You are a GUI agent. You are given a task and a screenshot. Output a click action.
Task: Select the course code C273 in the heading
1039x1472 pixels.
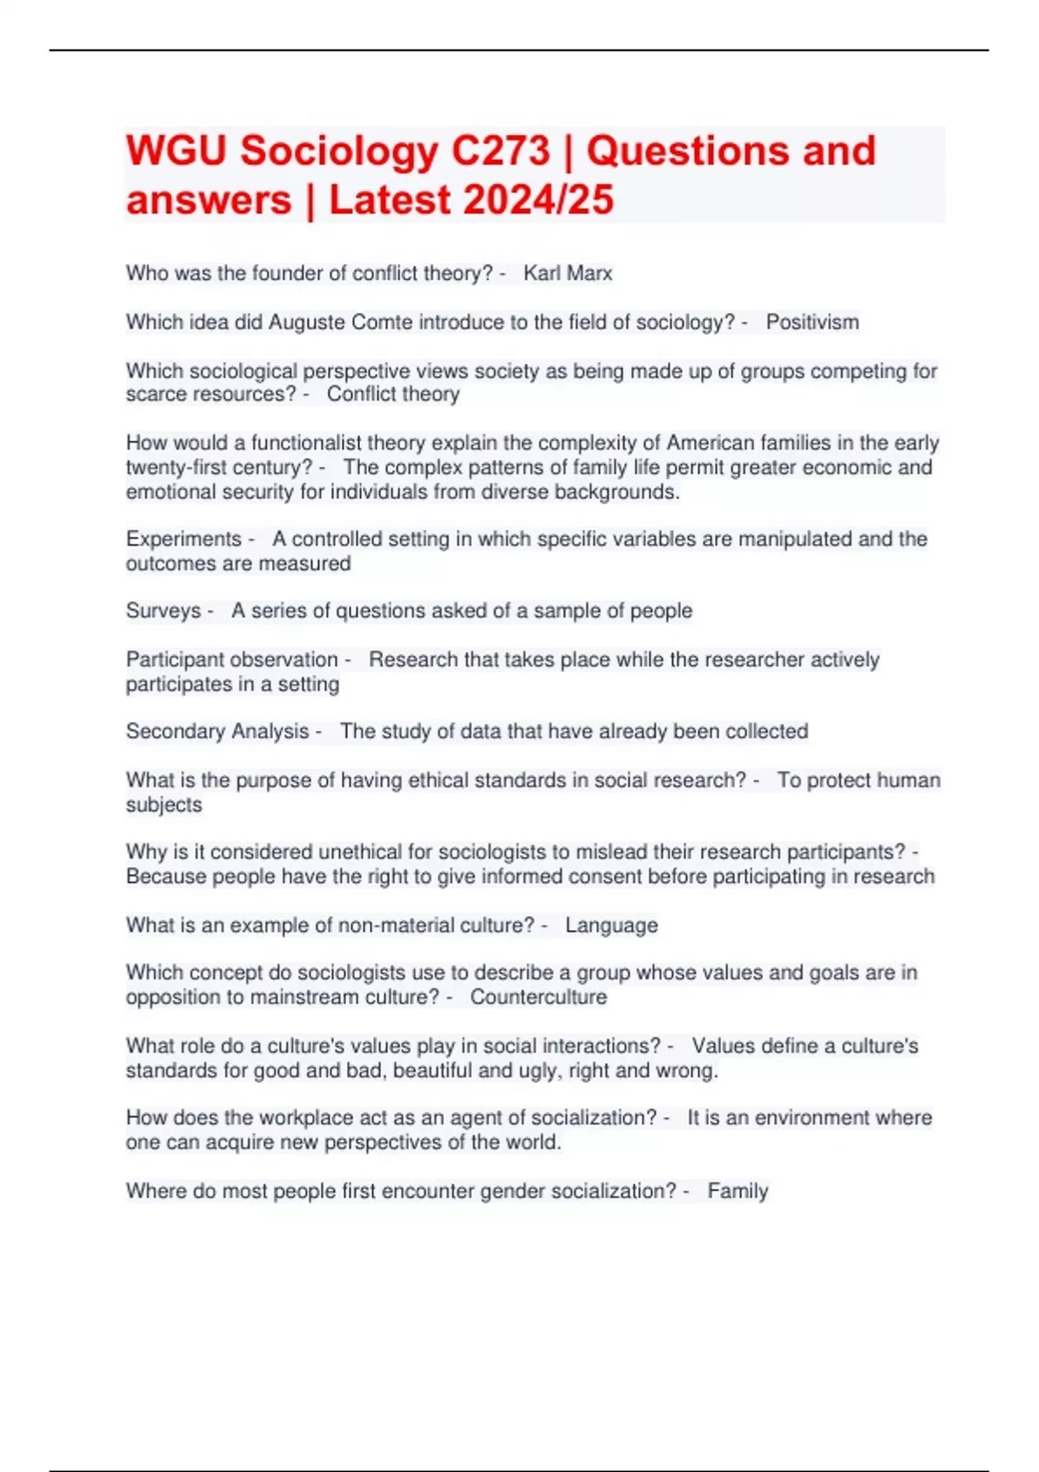click(501, 151)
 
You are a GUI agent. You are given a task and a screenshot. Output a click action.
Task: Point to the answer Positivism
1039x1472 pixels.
click(812, 322)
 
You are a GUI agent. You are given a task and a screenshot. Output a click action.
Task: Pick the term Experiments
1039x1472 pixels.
click(184, 539)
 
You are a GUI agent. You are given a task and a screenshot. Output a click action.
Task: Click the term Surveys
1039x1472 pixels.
click(163, 611)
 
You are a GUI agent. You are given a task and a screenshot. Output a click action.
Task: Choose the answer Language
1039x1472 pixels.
click(611, 926)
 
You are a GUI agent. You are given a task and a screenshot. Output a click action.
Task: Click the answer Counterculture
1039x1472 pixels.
click(539, 997)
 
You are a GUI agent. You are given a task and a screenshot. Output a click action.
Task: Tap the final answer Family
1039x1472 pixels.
click(738, 1191)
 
